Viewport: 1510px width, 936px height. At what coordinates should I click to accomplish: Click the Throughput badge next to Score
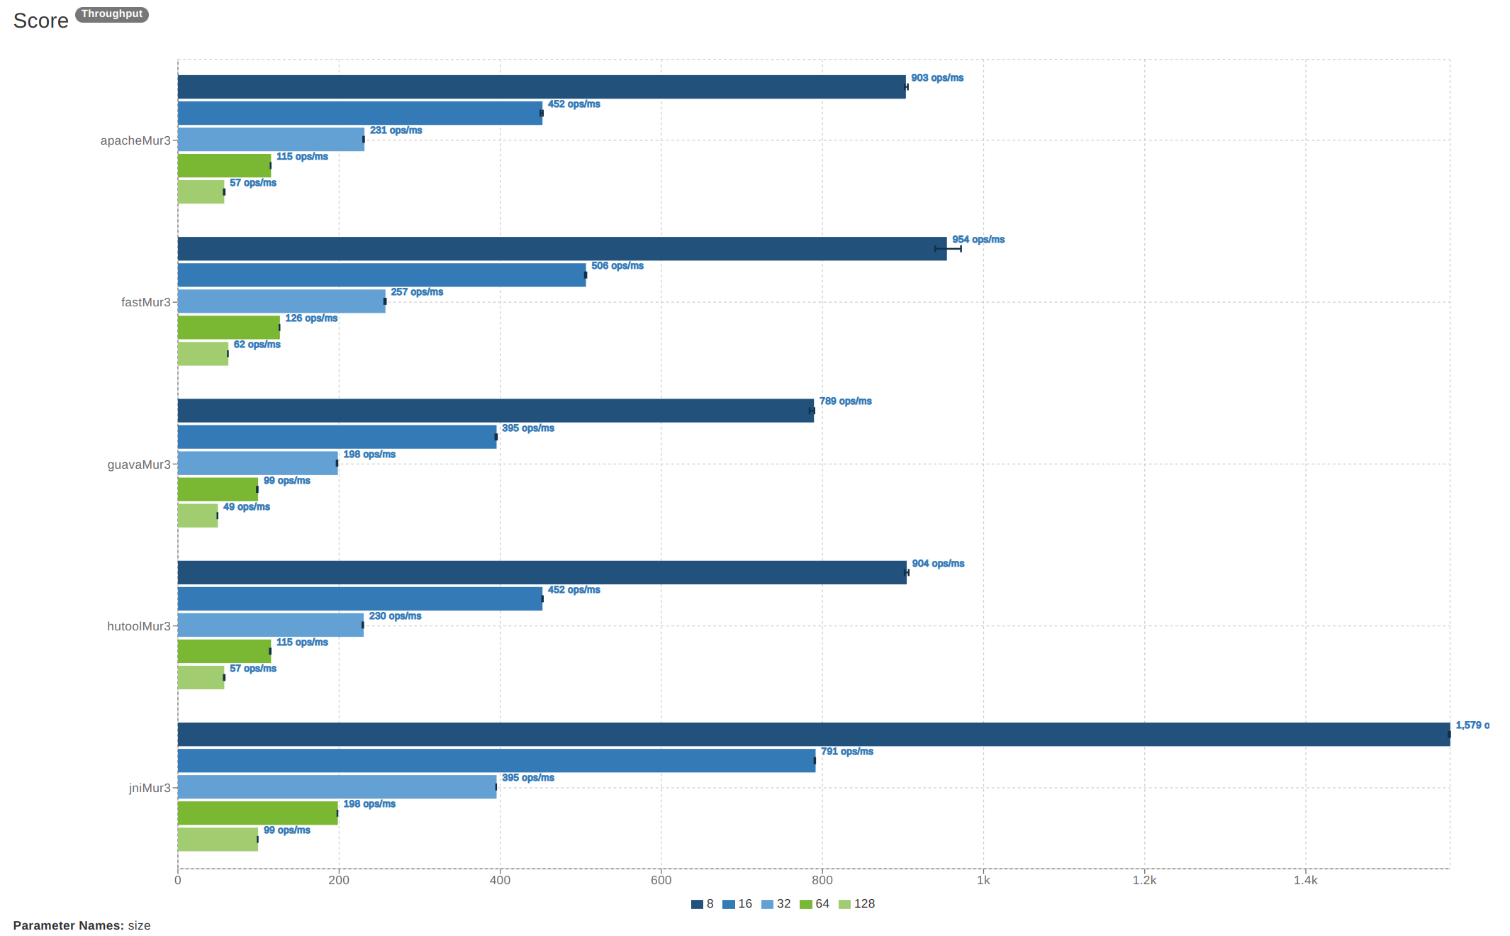click(x=111, y=14)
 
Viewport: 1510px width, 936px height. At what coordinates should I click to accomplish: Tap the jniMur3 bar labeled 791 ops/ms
click(x=496, y=761)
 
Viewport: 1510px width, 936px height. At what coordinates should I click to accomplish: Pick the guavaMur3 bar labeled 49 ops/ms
click(x=198, y=516)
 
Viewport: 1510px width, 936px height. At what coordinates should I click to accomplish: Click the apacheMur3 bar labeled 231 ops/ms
click(x=271, y=140)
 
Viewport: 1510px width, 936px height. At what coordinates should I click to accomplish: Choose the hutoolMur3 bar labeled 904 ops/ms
click(x=542, y=573)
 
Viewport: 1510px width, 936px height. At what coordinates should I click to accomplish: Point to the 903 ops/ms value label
click(x=936, y=78)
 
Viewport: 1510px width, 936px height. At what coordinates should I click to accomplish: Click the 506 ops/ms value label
click(x=617, y=266)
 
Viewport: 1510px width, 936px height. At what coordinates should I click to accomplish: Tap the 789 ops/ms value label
click(x=845, y=401)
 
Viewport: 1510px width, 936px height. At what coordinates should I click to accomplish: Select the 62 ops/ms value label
click(x=257, y=345)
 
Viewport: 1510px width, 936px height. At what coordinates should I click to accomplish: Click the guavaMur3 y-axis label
click(x=139, y=464)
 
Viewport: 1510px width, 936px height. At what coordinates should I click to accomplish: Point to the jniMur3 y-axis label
click(x=150, y=788)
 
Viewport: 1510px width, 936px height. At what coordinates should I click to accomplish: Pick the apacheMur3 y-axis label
click(x=135, y=140)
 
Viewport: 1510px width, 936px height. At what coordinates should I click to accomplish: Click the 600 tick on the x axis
click(x=661, y=880)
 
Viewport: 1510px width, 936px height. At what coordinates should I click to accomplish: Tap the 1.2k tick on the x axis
click(x=1144, y=880)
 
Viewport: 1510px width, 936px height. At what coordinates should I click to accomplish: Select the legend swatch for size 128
click(x=844, y=904)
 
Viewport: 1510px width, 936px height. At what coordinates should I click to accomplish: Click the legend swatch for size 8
click(x=697, y=904)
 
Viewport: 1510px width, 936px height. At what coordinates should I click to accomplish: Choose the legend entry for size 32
click(x=776, y=904)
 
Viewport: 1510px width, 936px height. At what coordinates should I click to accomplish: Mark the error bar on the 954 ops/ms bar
click(x=948, y=249)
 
